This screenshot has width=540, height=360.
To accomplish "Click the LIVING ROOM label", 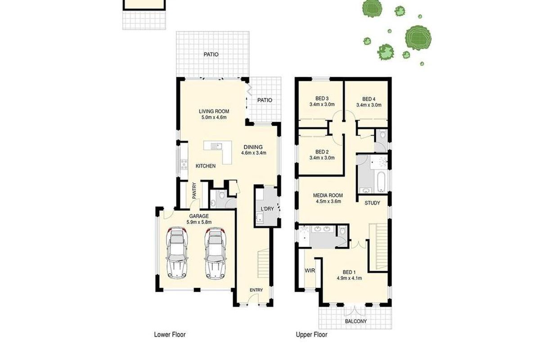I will pyautogui.click(x=214, y=112).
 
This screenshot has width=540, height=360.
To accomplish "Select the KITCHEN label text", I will pyautogui.click(x=205, y=166).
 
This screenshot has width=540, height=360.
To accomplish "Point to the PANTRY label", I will pyautogui.click(x=194, y=191).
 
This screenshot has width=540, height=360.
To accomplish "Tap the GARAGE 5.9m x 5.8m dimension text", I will pyautogui.click(x=198, y=222).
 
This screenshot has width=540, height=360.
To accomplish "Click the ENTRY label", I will pyautogui.click(x=256, y=290).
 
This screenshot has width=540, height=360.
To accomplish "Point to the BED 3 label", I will pyautogui.click(x=322, y=99).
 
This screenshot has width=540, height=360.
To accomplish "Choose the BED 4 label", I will pyautogui.click(x=369, y=99).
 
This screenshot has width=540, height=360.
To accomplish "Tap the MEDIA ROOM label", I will pyautogui.click(x=328, y=195).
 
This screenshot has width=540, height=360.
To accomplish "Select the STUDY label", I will pyautogui.click(x=373, y=203).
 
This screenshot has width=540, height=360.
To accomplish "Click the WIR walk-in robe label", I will pyautogui.click(x=309, y=270).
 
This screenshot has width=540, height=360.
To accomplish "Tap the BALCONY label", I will pyautogui.click(x=355, y=321).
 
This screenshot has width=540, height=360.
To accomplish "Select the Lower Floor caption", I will pyautogui.click(x=170, y=335).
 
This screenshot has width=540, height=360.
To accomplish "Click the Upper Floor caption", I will pyautogui.click(x=311, y=335).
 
